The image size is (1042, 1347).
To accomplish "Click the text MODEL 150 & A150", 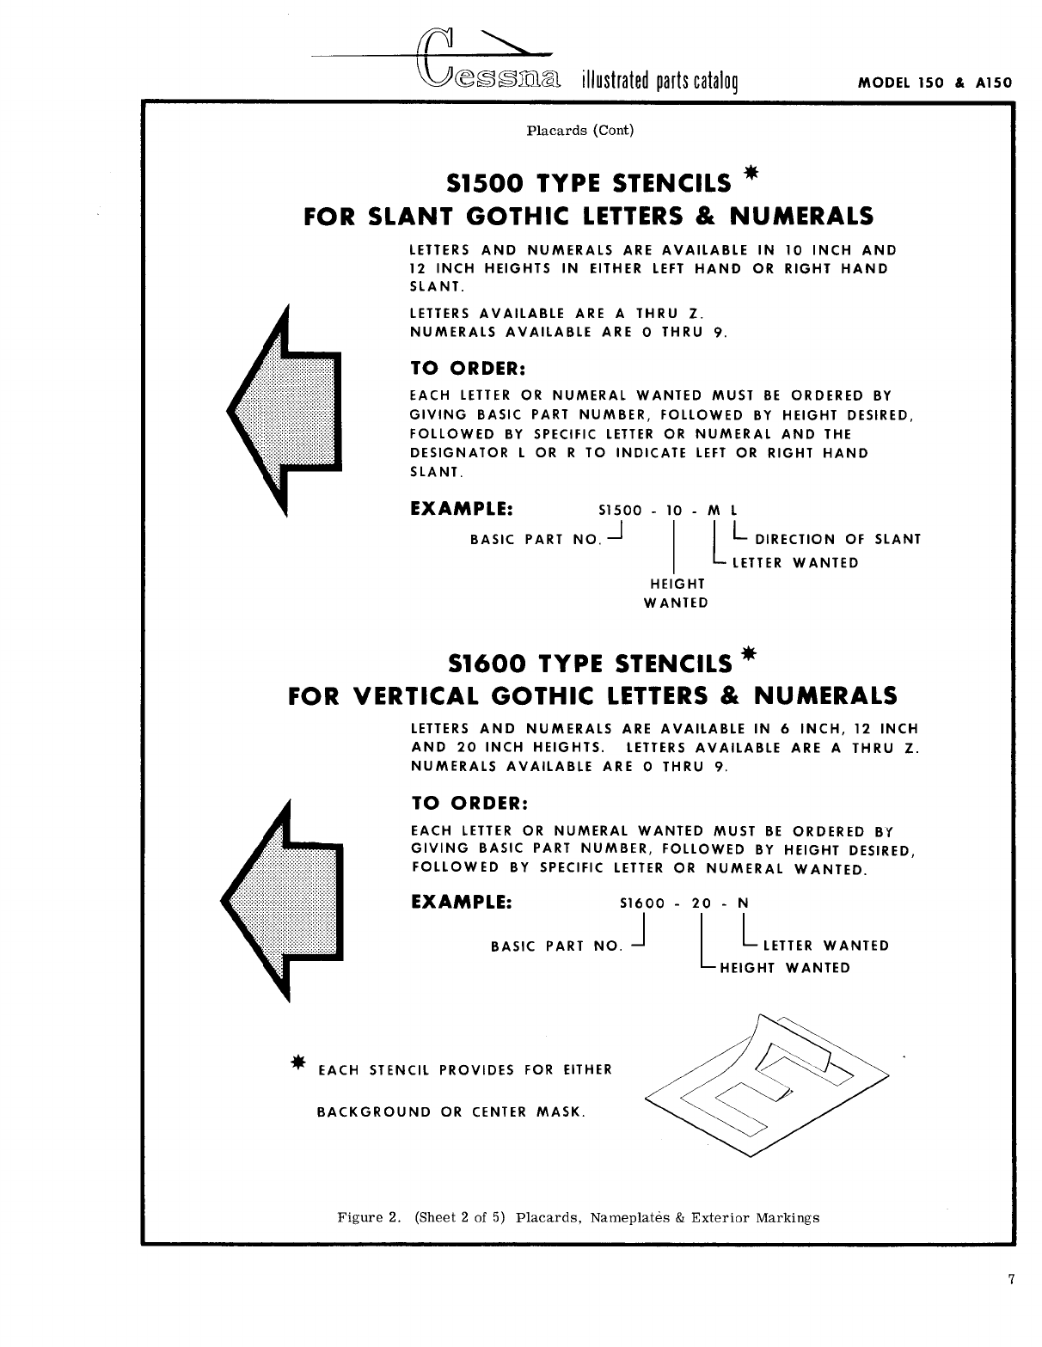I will [x=935, y=84].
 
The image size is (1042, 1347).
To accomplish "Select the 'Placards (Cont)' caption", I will [x=579, y=131].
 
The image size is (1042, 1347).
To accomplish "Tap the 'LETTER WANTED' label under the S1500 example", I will [x=794, y=563].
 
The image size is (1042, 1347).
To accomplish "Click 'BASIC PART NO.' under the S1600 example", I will [x=556, y=946].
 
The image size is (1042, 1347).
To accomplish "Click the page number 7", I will [x=1012, y=1279].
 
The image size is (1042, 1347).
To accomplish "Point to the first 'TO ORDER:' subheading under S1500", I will [x=469, y=368].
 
